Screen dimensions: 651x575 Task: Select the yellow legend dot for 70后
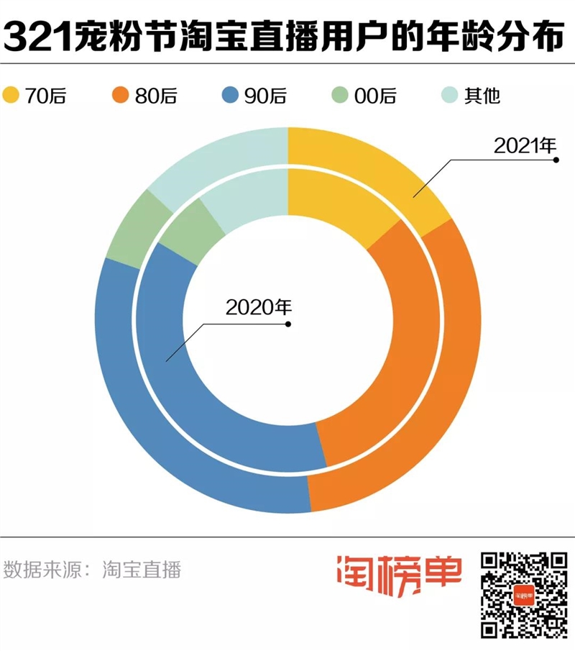tap(11, 94)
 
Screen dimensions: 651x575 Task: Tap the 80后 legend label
tap(155, 95)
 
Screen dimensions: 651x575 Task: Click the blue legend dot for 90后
tap(230, 94)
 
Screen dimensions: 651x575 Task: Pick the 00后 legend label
tap(374, 95)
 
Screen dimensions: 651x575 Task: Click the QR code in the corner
tap(523, 594)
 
